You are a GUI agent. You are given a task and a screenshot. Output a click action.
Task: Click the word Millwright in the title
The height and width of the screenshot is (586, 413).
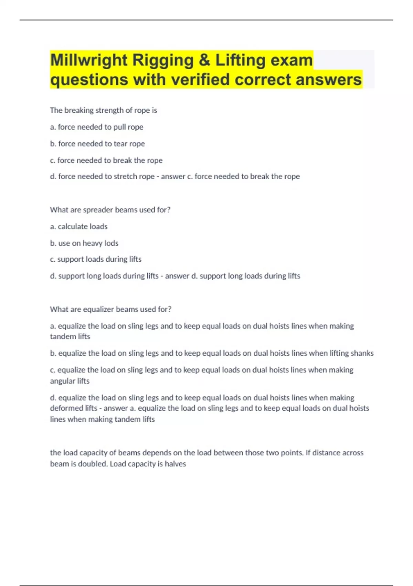point(89,60)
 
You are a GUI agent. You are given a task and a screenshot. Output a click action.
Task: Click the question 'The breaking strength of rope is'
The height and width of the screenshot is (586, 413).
point(103,110)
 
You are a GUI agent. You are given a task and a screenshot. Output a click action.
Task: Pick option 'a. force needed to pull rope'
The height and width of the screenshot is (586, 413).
point(96,127)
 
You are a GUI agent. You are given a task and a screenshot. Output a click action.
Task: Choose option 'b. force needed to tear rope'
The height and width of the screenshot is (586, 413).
point(97,143)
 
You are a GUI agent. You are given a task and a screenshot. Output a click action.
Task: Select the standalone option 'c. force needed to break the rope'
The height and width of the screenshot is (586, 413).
point(106,160)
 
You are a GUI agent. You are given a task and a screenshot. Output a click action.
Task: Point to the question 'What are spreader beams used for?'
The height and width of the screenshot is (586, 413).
point(110,210)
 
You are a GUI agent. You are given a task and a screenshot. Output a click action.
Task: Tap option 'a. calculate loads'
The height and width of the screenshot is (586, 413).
point(78,226)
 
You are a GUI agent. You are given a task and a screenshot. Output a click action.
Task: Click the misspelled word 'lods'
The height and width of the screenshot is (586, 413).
point(111,243)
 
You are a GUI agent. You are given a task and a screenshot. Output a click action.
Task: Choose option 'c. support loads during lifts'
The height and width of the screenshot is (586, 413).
point(96,259)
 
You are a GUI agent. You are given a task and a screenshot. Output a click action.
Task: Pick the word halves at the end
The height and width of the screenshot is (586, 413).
point(175,464)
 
